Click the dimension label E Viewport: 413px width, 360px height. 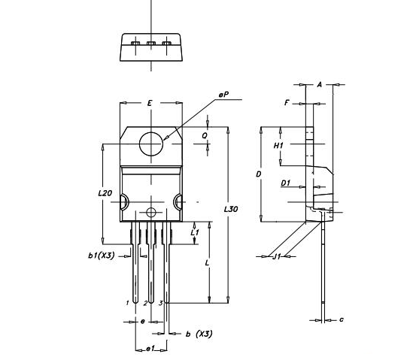pos(150,102)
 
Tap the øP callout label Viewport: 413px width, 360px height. pos(223,95)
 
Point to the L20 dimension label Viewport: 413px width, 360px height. pos(105,193)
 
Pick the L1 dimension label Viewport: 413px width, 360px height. pos(196,233)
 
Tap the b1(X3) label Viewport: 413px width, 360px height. pos(100,256)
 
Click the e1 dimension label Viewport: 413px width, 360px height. pos(149,349)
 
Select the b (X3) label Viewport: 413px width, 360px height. pos(198,333)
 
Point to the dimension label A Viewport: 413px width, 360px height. pos(319,85)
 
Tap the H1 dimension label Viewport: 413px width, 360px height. pos(278,144)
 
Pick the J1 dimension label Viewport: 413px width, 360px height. pos(276,256)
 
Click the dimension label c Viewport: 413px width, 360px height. pos(342,319)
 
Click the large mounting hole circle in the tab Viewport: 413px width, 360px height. pos(152,142)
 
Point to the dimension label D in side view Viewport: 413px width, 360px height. pos(258,174)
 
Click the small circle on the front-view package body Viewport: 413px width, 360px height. pos(152,212)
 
